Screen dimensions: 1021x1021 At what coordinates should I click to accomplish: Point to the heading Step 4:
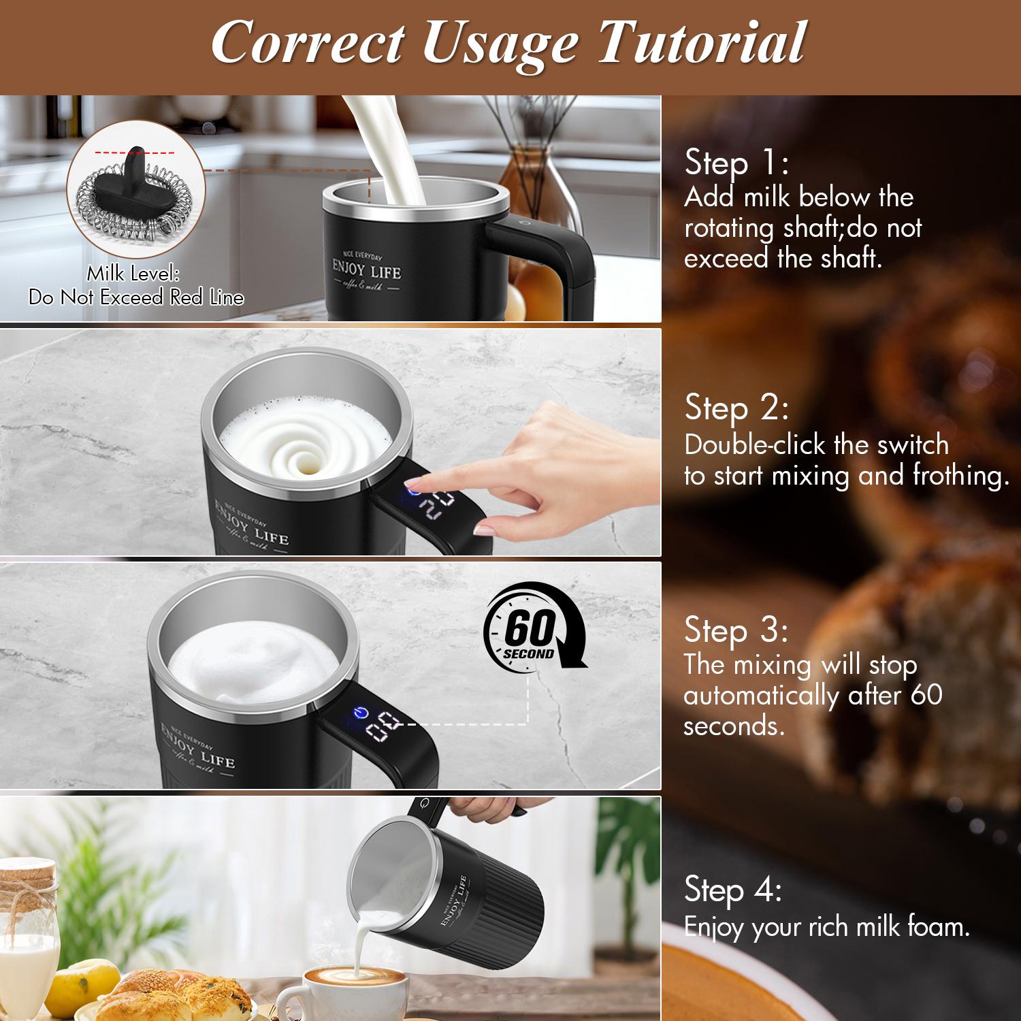pos(733,890)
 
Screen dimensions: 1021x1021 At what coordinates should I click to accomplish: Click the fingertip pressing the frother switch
pos(417,485)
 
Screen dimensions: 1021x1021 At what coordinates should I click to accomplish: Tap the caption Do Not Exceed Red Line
pos(136,297)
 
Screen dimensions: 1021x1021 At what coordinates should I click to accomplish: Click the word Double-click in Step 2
pos(756,445)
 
